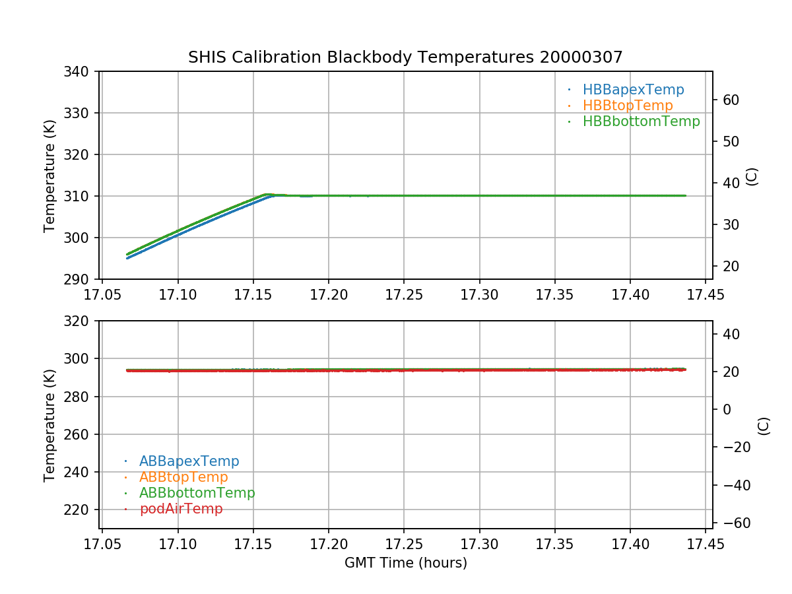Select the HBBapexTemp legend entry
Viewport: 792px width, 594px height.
coord(633,90)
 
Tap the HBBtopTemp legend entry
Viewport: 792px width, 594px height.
coord(628,106)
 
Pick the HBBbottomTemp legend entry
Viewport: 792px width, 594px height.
coord(641,121)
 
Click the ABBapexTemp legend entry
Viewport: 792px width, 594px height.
coord(189,461)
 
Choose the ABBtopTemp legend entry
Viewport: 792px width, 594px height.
coord(183,477)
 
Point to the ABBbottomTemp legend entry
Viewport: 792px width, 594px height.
coord(197,493)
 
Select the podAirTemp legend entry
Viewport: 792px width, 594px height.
coord(181,509)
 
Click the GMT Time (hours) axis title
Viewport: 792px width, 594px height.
coord(405,563)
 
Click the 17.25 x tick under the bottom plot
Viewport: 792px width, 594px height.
coord(404,544)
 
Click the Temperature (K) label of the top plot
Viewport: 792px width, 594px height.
coord(50,175)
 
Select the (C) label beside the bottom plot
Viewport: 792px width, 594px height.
coord(764,425)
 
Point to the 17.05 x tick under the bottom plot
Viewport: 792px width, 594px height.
coord(102,544)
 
